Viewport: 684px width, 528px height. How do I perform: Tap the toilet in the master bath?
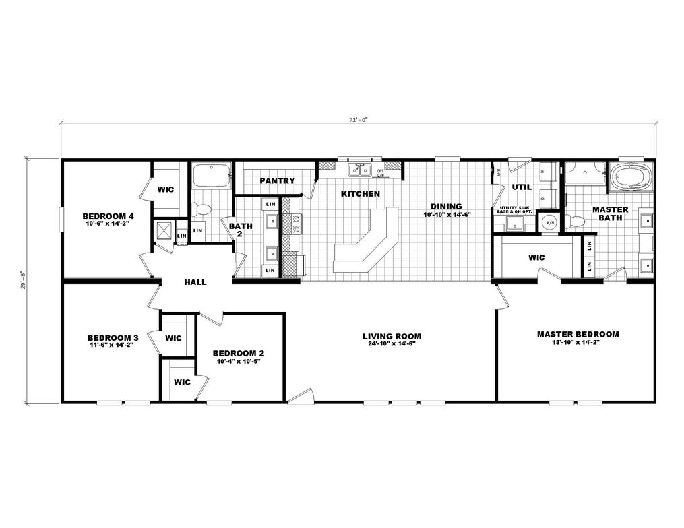pos(573,220)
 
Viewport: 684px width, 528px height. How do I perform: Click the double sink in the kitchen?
pos(358,170)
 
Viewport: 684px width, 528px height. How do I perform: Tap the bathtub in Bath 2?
pos(211,176)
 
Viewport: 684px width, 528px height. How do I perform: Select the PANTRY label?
pos(277,180)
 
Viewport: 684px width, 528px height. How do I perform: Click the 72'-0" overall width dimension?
pos(358,119)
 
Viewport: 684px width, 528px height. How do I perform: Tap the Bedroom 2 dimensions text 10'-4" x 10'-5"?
pos(239,362)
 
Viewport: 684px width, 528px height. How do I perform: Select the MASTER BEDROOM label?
pos(578,334)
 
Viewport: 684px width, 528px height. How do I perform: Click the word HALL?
pos(195,282)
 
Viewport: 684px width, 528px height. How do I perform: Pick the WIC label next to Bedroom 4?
pos(166,189)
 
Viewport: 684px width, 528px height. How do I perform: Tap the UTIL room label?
pos(522,187)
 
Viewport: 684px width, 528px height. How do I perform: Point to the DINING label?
pos(447,206)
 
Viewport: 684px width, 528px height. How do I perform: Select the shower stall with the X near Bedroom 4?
pos(164,231)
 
